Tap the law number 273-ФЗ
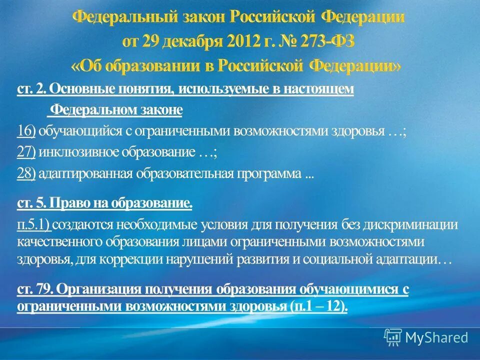327,41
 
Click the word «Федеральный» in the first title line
125,18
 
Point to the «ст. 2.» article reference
32,89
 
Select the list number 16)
26,131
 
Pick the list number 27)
26,152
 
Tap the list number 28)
26,174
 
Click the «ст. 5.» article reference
32,203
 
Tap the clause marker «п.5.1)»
34,225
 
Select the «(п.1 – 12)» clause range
318,306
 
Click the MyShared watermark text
436,337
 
